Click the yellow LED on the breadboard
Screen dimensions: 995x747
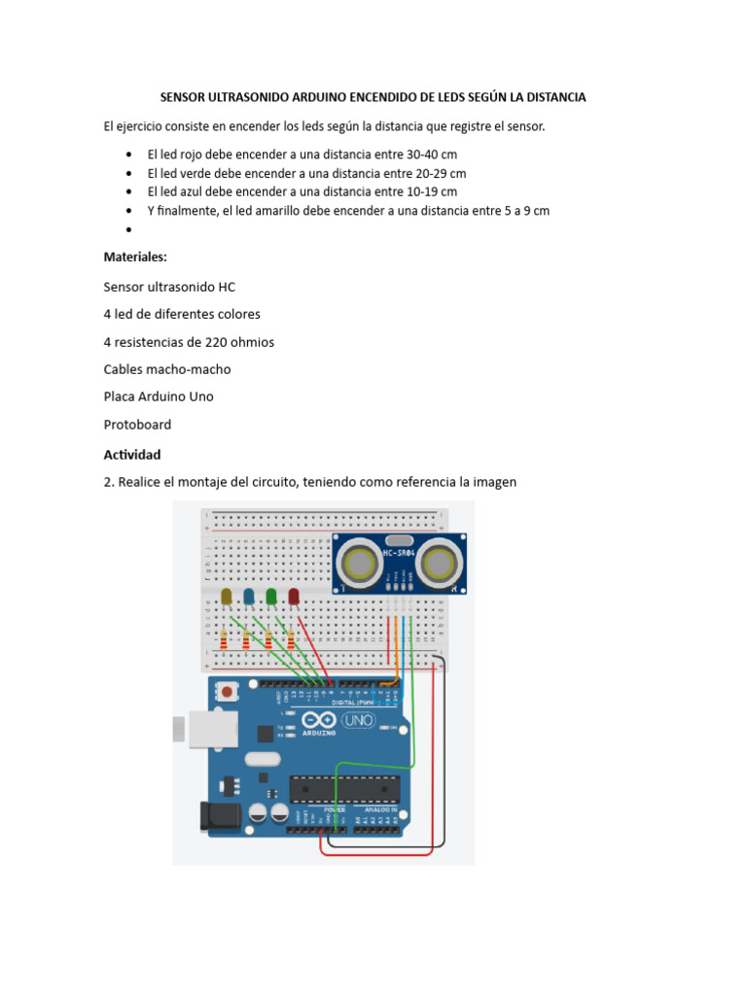227,596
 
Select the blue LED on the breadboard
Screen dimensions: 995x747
249,596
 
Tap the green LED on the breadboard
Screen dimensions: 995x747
271,596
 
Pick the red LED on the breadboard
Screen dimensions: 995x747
294,596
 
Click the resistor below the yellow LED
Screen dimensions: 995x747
226,639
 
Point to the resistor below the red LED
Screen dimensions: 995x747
291,638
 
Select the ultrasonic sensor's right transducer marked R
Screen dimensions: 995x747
443,562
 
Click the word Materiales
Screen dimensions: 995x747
135,257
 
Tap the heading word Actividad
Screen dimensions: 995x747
132,454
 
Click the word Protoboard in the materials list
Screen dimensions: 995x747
137,425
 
